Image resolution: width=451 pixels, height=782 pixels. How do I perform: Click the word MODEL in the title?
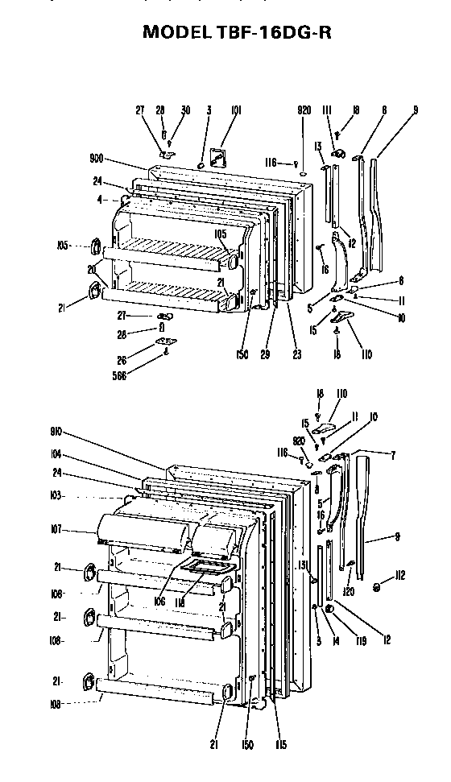click(x=176, y=32)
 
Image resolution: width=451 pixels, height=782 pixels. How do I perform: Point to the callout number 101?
click(x=236, y=110)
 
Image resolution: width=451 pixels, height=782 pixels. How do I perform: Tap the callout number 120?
click(x=348, y=590)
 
